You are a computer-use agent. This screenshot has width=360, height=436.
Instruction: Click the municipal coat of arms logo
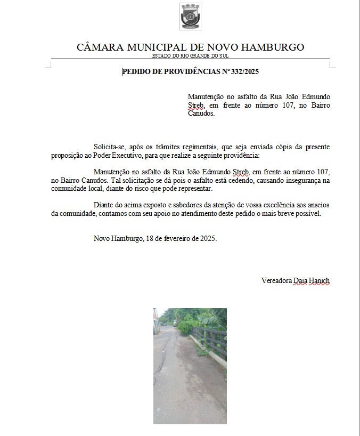191,17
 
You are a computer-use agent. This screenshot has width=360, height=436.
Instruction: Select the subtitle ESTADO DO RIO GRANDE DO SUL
190,55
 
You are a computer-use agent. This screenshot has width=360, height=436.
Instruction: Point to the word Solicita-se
110,147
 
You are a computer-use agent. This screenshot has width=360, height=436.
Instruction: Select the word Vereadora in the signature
276,280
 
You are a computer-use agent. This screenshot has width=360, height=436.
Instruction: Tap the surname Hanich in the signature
320,280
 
